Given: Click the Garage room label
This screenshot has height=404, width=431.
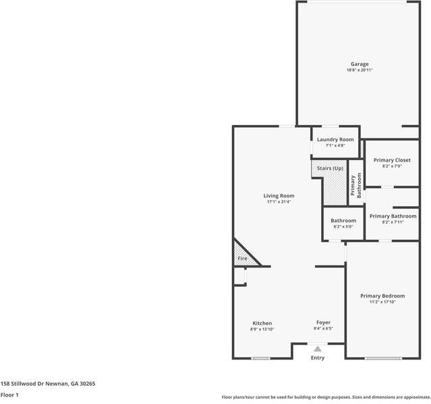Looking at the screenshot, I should pos(359,64).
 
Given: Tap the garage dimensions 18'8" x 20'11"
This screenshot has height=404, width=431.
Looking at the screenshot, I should pos(359,70).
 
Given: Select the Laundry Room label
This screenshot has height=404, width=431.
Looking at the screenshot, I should pos(335,139).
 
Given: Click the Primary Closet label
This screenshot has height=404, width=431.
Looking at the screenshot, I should pos(392,160).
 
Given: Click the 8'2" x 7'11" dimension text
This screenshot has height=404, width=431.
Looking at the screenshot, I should pos(392,222).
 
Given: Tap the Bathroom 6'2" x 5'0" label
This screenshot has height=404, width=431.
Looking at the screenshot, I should pos(343,224).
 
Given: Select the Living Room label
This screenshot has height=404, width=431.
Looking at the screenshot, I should pos(279,196).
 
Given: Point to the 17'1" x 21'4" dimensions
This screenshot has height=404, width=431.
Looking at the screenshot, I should pos(279,201).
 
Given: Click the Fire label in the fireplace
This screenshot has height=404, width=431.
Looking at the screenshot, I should pos(242,258).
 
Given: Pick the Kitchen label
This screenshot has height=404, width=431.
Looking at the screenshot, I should pos(262,323).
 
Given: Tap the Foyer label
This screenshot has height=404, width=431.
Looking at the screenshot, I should pos(324,323).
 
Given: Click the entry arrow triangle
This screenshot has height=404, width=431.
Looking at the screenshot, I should pos(318,349).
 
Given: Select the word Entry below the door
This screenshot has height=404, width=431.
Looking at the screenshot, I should pos(318,357).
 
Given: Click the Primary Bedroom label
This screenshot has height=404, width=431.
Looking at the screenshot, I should pos(382,296).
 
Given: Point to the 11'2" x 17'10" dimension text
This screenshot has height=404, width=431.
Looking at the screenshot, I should pos(382,302).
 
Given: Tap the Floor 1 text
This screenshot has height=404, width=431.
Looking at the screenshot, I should pos(9,395).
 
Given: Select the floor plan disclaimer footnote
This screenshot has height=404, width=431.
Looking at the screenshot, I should pos(326,397).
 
